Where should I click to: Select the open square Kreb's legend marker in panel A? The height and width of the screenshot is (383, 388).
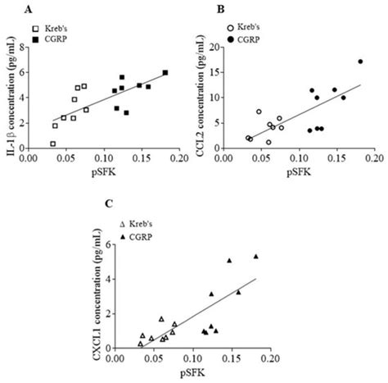pos(35,29)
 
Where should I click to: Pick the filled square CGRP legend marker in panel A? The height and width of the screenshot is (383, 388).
pos(35,39)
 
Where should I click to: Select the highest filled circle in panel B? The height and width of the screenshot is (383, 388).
pos(360,62)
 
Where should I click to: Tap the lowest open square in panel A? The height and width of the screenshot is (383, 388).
pos(29,144)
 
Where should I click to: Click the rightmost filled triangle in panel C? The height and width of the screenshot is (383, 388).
pos(255,256)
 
